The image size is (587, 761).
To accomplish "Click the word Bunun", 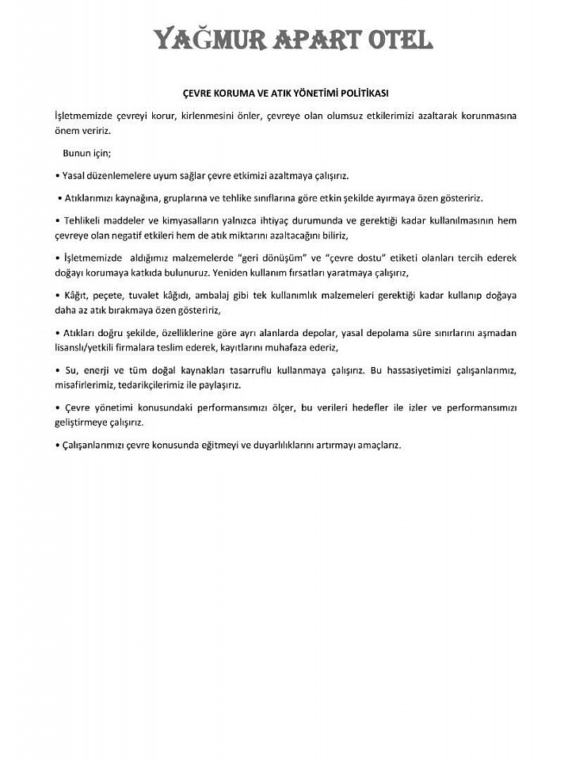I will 78,152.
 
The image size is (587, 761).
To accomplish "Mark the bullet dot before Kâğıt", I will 57,295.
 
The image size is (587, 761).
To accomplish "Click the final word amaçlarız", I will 376,445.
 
